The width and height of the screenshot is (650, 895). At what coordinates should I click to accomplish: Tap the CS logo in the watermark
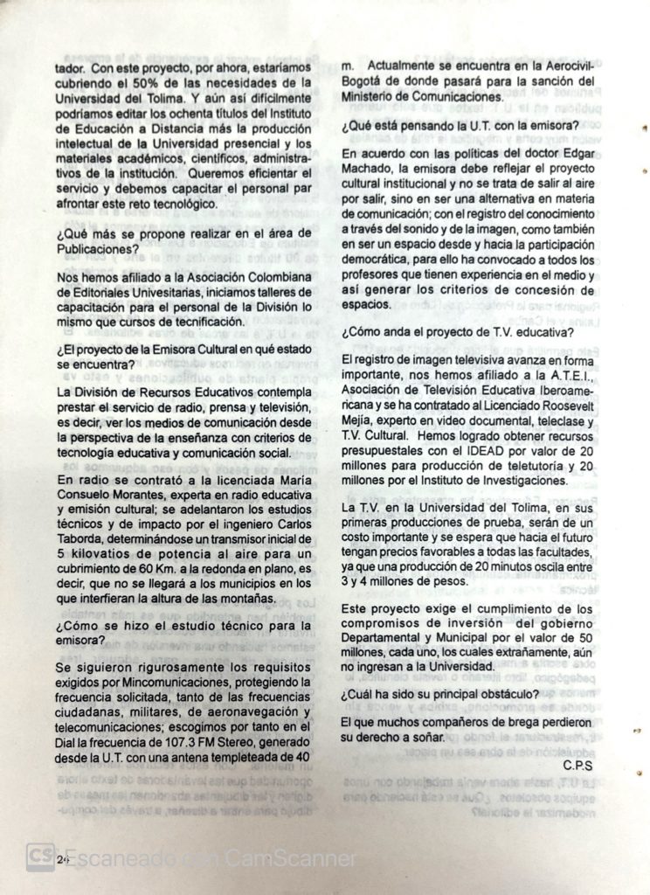pyautogui.click(x=40, y=857)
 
